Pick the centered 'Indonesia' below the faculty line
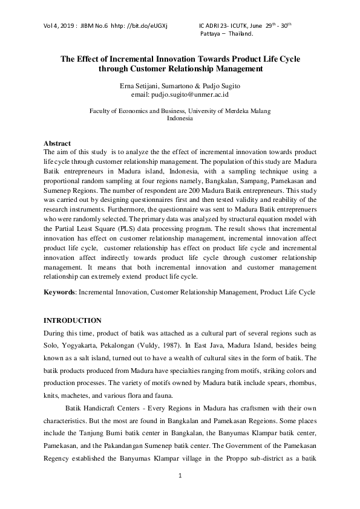click(180, 118)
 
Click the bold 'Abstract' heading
click(57, 143)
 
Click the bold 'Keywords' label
click(59, 292)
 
